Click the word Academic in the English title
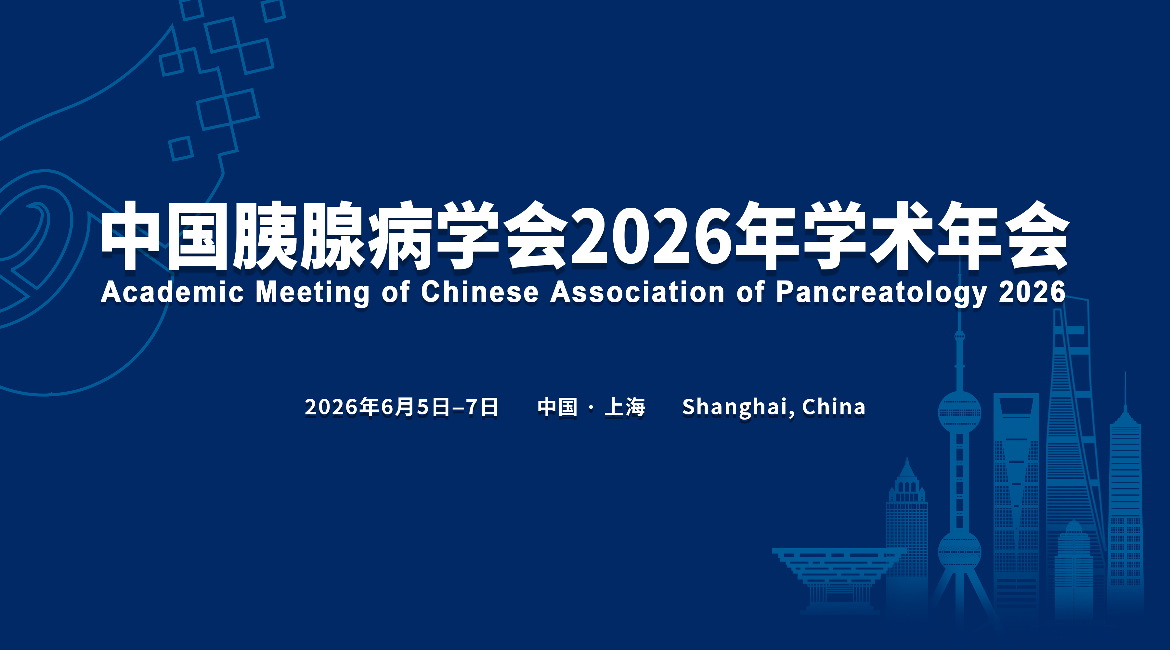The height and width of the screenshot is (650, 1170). tap(173, 292)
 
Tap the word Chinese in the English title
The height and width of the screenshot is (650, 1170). tap(480, 292)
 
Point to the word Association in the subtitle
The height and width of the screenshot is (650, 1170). tap(637, 292)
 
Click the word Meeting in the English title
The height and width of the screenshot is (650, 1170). tap(312, 293)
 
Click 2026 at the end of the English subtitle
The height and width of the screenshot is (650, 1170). tap(1032, 292)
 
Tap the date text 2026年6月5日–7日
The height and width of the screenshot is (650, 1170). tap(401, 407)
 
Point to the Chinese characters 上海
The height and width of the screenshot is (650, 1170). tap(625, 407)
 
